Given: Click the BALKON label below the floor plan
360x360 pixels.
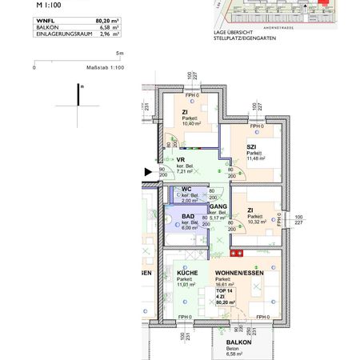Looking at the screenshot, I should (233, 342).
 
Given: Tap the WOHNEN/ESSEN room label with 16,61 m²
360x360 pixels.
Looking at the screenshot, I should (237, 273).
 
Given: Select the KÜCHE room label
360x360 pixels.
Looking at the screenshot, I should (188, 273).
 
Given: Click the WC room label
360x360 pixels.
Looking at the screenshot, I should (186, 190).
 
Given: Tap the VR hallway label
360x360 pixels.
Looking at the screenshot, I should (181, 158).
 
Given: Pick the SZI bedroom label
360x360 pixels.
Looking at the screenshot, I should (251, 146).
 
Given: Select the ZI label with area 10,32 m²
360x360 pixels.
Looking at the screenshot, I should (250, 210).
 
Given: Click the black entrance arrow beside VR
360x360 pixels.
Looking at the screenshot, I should (147, 170).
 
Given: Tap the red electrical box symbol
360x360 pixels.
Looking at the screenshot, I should (237, 253).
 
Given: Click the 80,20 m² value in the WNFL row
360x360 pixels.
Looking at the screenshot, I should (106, 20).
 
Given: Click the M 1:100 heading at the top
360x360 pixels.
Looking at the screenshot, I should (50, 4).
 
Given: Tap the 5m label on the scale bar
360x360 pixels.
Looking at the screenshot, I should (118, 54).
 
